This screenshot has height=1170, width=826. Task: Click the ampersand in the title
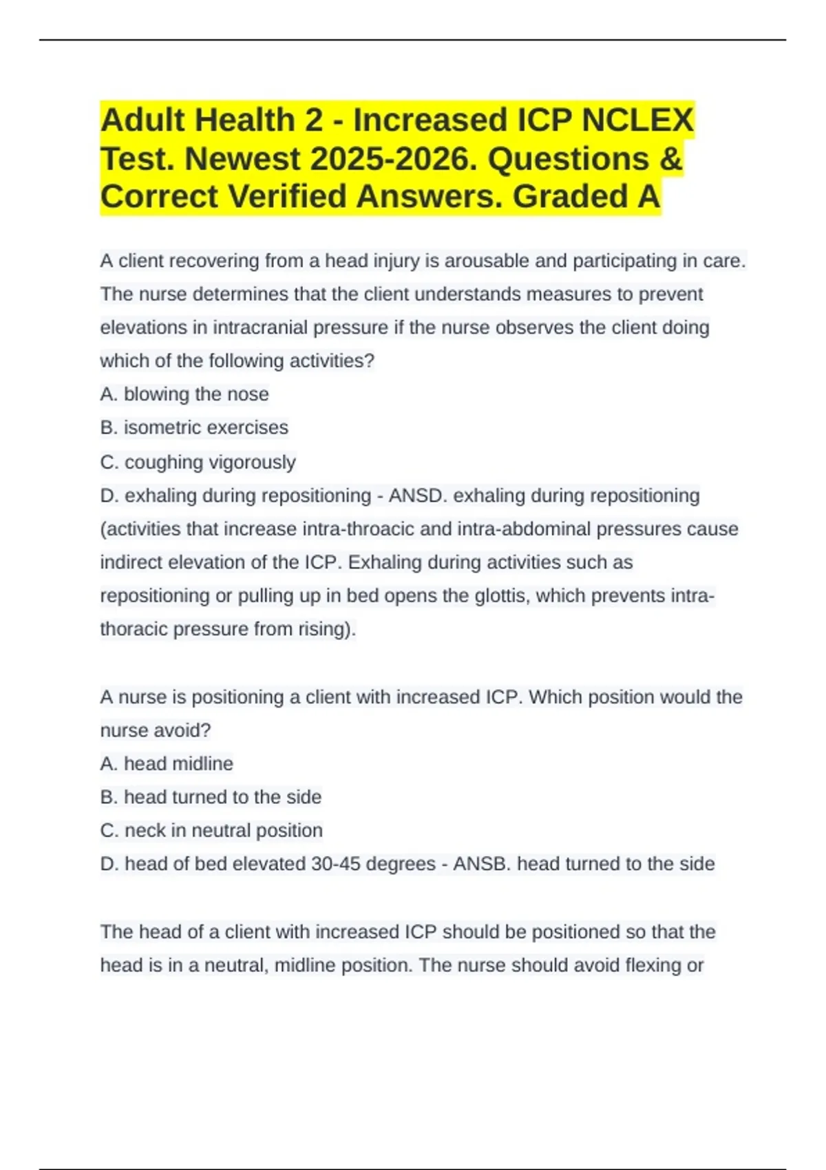pos(670,159)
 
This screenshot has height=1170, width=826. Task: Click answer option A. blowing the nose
pos(184,394)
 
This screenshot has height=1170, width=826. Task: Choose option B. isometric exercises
pos(194,427)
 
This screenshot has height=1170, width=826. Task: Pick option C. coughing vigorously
pos(198,462)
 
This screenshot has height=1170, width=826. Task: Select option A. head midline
pos(167,764)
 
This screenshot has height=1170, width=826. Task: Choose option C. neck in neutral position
pos(211,831)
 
